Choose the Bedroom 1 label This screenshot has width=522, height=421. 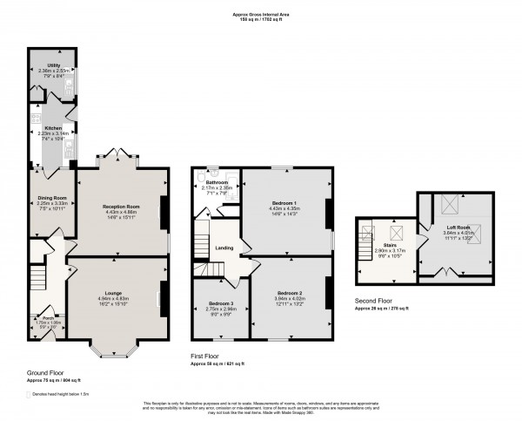point(284,203)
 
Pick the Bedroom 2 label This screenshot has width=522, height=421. point(290,293)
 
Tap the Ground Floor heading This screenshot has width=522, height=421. point(44,372)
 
